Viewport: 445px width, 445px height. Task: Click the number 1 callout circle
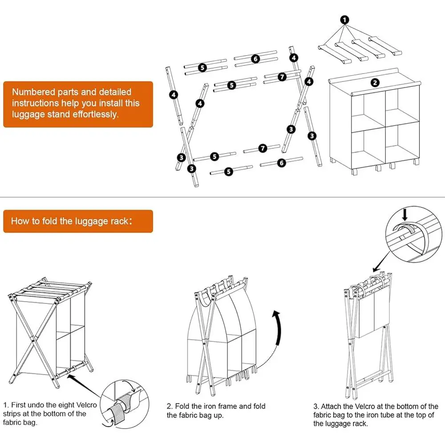[345, 20]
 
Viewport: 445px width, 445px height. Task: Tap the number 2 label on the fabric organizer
[375, 82]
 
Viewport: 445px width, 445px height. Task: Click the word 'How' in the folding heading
[20, 221]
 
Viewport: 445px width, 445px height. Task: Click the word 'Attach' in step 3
[332, 407]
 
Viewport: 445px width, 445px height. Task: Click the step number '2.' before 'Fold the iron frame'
[170, 406]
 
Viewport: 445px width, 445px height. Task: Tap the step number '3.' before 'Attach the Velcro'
[316, 407]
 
